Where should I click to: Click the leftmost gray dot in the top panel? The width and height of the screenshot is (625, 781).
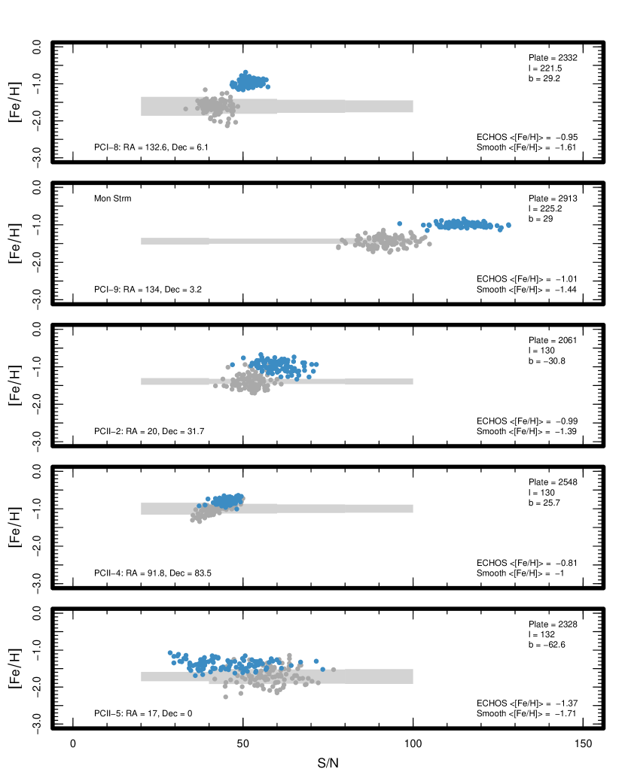coord(185,108)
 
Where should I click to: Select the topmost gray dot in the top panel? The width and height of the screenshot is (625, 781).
coord(205,90)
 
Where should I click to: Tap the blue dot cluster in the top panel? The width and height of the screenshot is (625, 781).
coord(248,81)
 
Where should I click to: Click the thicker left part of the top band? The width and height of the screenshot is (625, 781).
coord(209,106)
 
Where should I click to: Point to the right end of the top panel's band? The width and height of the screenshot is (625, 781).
coord(412,106)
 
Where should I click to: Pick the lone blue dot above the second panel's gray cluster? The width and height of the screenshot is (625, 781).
coord(399,223)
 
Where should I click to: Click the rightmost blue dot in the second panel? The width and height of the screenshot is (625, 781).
coord(508,224)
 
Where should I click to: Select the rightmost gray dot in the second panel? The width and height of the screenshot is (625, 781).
coord(429,244)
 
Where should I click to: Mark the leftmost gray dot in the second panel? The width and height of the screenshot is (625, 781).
coord(338,247)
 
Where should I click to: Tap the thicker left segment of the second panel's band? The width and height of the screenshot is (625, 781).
coord(175,241)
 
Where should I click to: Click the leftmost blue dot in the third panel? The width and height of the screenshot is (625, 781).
coord(232,364)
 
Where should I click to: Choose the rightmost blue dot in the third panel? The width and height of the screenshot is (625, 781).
coord(316,364)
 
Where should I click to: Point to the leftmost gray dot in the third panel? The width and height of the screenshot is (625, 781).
coord(215,385)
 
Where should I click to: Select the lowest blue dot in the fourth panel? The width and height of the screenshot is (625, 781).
coord(236,509)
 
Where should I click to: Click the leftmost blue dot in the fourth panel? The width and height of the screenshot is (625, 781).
coord(199,506)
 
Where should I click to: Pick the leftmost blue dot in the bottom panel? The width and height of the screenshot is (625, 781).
coord(170,652)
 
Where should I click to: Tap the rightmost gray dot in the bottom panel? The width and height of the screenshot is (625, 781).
coord(334,669)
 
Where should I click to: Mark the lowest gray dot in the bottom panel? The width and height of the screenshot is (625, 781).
coord(225,697)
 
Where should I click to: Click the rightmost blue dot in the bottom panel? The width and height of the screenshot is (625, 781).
coord(323,669)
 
